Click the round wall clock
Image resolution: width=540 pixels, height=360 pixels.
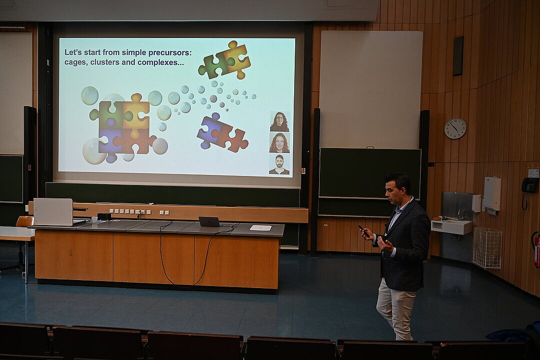point(455,128)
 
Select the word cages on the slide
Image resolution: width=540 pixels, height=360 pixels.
point(75,62)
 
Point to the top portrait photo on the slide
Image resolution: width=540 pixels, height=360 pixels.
point(280,121)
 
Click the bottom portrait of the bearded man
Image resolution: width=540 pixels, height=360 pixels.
point(279,164)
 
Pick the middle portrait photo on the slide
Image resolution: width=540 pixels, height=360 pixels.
point(279,143)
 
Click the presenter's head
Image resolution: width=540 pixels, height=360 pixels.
point(398,188)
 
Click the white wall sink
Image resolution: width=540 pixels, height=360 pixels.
point(451,226)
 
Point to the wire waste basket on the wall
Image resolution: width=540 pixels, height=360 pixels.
point(487,248)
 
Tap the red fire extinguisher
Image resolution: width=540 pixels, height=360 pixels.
point(537,249)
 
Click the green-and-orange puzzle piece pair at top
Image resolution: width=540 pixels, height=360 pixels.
point(224,60)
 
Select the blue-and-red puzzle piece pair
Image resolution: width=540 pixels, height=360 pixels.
point(222,132)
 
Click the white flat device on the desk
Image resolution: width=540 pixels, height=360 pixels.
point(260,227)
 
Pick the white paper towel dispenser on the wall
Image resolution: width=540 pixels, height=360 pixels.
point(492,194)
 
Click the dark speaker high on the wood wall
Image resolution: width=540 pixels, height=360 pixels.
point(458,56)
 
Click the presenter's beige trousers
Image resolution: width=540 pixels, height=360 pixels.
point(397,308)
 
